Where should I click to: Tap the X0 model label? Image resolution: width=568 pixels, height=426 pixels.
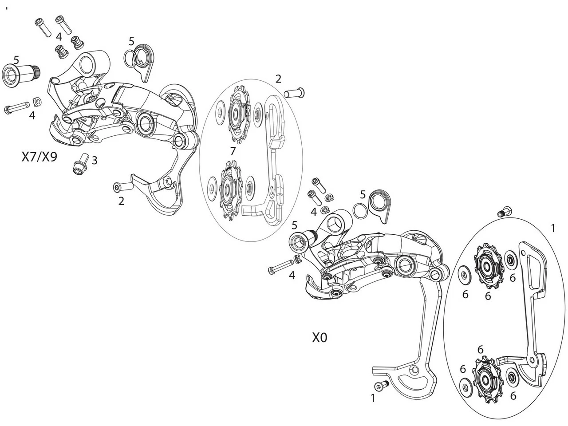click(319, 338)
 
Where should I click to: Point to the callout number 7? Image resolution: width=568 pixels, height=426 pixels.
click(233, 151)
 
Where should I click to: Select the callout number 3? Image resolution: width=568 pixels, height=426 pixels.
click(95, 160)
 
